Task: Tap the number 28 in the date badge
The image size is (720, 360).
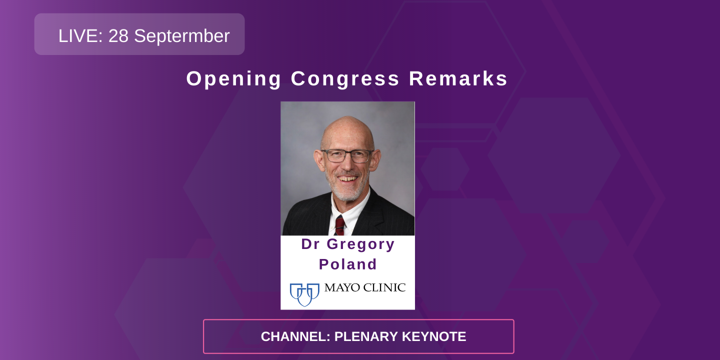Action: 118,36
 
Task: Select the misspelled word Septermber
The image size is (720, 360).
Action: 182,36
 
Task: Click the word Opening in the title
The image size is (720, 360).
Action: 234,79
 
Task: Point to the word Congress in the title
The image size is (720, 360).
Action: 345,79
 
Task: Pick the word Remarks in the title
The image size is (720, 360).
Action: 458,79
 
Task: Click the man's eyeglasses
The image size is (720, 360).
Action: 347,155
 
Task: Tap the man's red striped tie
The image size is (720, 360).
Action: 340,224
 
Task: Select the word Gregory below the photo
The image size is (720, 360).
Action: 360,244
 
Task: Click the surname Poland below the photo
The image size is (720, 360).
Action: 347,264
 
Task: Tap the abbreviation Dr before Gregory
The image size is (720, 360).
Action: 310,244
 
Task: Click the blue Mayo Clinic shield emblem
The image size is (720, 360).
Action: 304,293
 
